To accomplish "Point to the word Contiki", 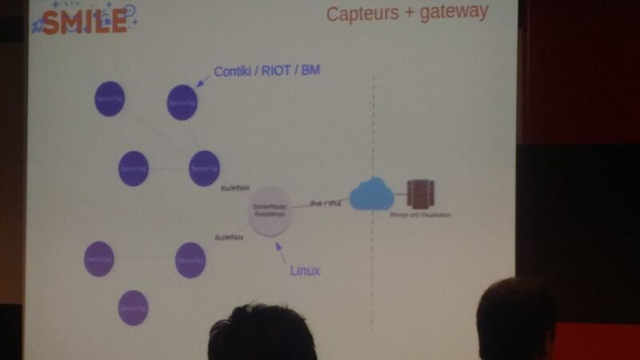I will click(x=238, y=72).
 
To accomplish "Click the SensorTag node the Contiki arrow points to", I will click(x=182, y=102).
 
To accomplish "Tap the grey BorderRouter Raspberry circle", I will click(x=268, y=211).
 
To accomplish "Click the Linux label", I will click(x=304, y=271).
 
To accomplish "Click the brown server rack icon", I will click(x=420, y=194).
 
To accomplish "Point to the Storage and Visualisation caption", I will click(x=421, y=215).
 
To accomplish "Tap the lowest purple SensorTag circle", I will click(x=134, y=308).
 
